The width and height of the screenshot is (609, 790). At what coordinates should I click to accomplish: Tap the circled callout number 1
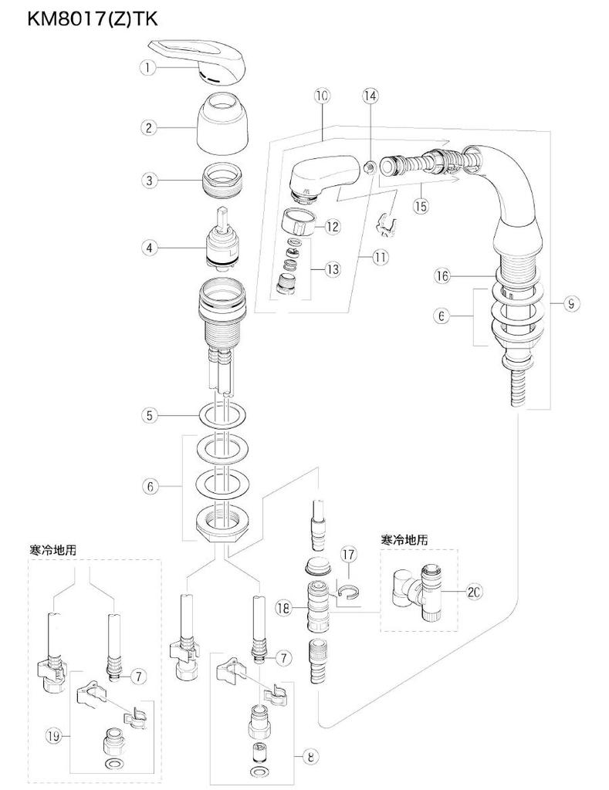point(147,68)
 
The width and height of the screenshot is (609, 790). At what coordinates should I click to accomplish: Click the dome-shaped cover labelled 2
point(220,126)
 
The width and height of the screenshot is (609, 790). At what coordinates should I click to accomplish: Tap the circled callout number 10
point(322,96)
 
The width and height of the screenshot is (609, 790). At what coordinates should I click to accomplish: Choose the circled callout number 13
point(333,270)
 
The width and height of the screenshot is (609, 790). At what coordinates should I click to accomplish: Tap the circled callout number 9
point(570,304)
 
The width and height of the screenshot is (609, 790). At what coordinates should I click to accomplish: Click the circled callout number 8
point(310,757)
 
